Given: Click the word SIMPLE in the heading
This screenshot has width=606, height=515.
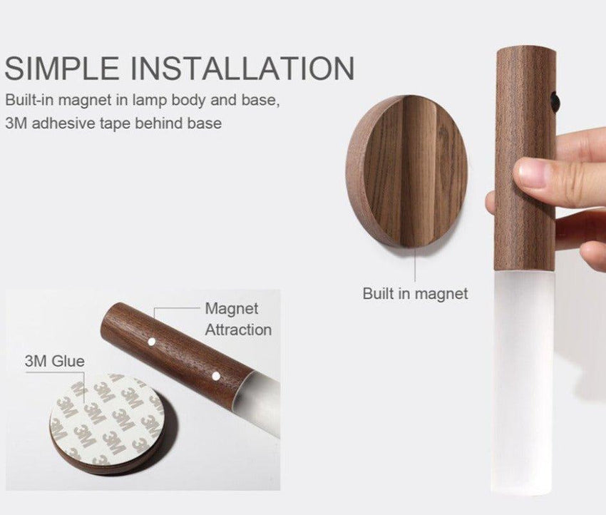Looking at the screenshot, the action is tap(63, 68).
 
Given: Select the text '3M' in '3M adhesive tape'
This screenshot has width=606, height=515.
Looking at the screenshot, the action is tap(16, 123).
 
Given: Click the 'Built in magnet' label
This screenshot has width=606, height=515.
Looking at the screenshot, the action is tap(415, 293).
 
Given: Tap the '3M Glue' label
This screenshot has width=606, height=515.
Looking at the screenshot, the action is tap(54, 361).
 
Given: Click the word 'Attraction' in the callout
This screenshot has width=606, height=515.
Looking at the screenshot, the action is tap(238, 330).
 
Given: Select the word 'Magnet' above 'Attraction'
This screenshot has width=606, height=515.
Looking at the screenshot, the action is tap(232, 309).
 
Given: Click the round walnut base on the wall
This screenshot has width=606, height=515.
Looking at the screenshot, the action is tap(406, 171).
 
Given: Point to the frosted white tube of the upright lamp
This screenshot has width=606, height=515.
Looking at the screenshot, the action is tap(524, 381).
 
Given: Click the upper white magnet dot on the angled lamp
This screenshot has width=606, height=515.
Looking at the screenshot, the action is tap(152, 342).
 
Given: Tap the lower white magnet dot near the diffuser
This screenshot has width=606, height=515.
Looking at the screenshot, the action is tap(216, 375).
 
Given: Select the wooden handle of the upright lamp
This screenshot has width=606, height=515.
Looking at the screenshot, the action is tap(525, 158).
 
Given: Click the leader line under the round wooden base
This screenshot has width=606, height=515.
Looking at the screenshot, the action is tap(415, 264).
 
